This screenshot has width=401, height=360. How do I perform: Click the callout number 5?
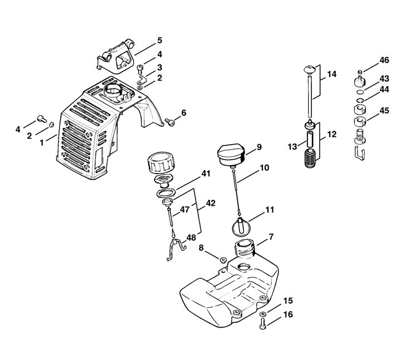[160, 41]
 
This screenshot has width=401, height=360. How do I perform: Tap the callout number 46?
[384, 60]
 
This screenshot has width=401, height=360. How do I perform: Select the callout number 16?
[288, 314]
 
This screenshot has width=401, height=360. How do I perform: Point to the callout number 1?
[42, 142]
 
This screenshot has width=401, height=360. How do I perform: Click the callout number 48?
[191, 238]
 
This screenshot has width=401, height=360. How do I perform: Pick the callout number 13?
[292, 147]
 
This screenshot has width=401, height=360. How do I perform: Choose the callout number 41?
[206, 174]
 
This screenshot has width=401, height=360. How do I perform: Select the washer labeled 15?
[263, 313]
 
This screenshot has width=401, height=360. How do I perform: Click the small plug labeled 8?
[223, 260]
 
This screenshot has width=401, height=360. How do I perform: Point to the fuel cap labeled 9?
[231, 156]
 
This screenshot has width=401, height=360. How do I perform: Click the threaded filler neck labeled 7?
[244, 248]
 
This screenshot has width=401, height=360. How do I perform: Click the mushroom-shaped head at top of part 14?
[310, 70]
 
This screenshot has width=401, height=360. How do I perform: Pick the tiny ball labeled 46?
[360, 72]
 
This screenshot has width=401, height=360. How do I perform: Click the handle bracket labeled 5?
[116, 56]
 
